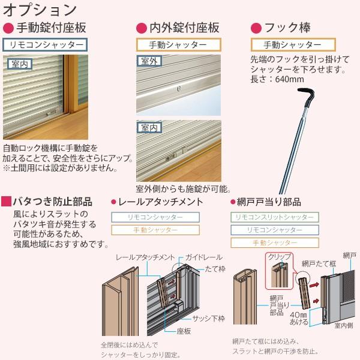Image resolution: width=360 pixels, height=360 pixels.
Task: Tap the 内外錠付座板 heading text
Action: click(184, 28)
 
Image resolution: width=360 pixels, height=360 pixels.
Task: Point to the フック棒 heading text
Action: click(295, 28)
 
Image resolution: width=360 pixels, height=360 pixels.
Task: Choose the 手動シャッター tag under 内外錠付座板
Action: click(178, 44)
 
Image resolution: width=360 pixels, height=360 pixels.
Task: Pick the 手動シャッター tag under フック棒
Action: click(292, 45)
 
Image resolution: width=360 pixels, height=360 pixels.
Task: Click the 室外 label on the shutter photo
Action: click(146, 61)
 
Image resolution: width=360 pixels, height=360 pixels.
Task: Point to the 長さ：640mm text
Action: click(277, 79)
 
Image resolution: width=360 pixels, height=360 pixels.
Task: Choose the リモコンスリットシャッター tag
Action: click(275, 217)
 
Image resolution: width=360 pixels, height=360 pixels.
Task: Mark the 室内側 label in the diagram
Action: click(343, 325)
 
